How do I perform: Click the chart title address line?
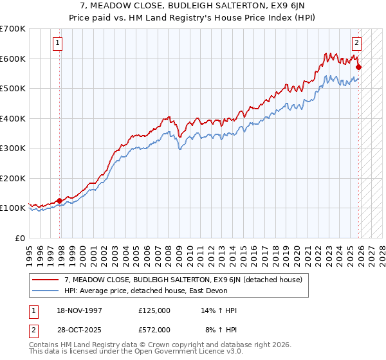click(x=193, y=6)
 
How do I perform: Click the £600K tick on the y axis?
click(x=13, y=59)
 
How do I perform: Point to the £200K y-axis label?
click(x=13, y=178)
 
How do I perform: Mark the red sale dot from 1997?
click(x=60, y=201)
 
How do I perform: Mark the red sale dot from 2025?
click(x=358, y=67)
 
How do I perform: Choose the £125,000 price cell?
click(x=154, y=310)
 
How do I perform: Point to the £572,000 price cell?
click(x=154, y=329)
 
